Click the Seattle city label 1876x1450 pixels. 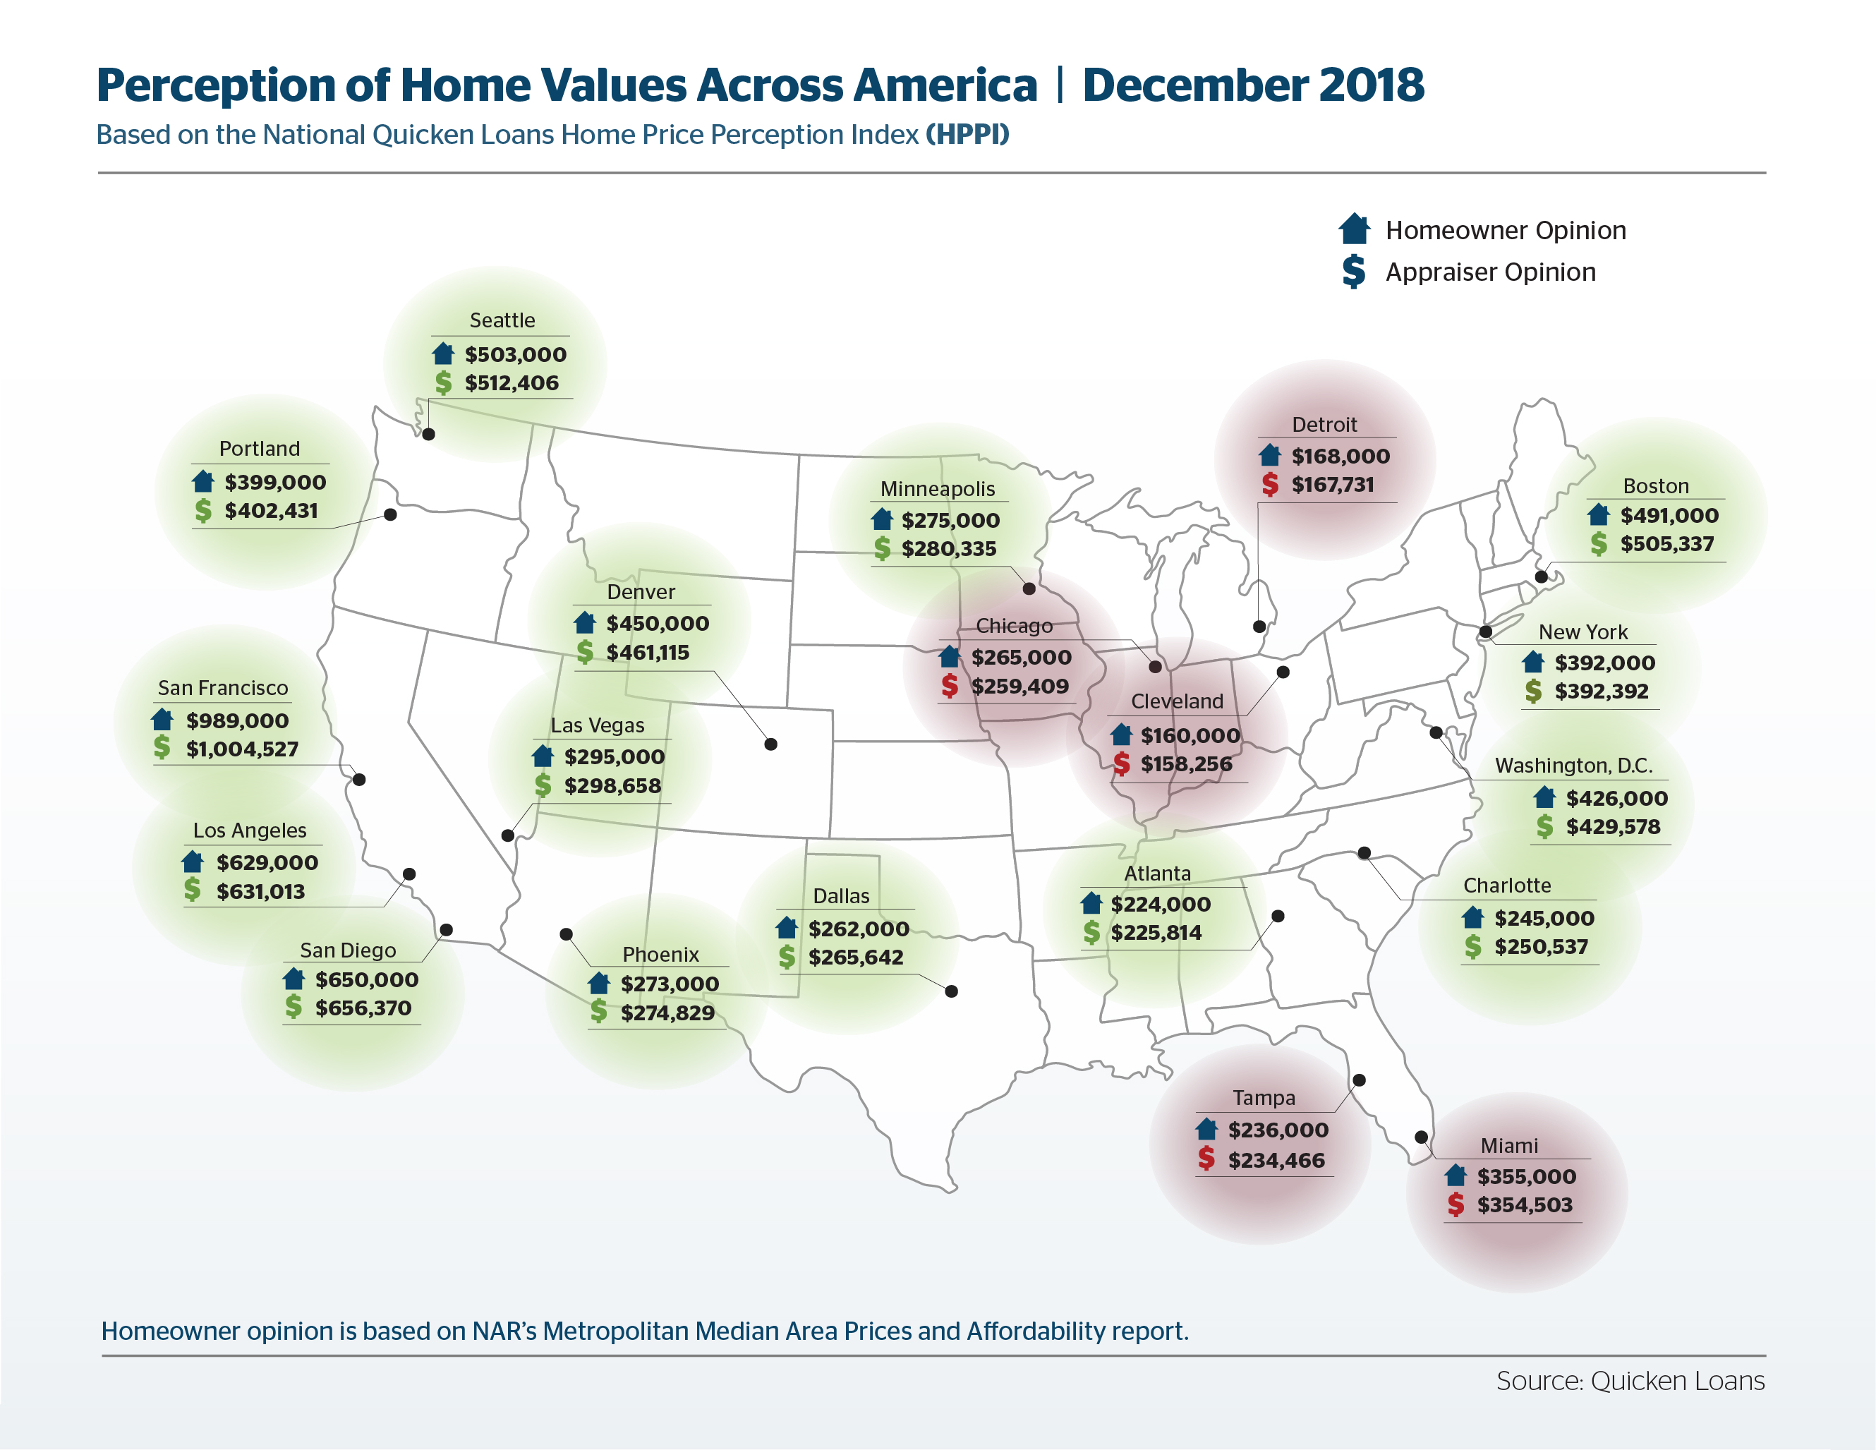pos(502,320)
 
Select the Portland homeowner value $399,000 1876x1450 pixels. pos(275,482)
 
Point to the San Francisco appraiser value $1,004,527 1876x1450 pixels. pos(241,749)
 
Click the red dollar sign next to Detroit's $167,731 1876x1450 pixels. pos(1269,485)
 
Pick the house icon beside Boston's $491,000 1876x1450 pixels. pos(1599,514)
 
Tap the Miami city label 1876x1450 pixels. pos(1509,1146)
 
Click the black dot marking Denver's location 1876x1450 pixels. pos(770,744)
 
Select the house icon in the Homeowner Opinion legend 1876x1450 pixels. pos(1354,229)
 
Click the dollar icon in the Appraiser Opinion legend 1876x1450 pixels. pos(1354,272)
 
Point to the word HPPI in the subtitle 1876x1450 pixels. pos(967,135)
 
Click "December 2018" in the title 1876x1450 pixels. pos(1252,85)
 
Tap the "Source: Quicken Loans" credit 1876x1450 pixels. pos(1630,1380)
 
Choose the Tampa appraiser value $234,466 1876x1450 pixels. pos(1276,1161)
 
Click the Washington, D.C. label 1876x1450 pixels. pos(1573,766)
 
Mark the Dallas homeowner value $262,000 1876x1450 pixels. pos(858,929)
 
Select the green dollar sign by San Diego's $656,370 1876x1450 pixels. pos(293,1007)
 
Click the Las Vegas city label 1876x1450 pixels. pos(597,726)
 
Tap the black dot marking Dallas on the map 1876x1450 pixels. pos(951,991)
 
